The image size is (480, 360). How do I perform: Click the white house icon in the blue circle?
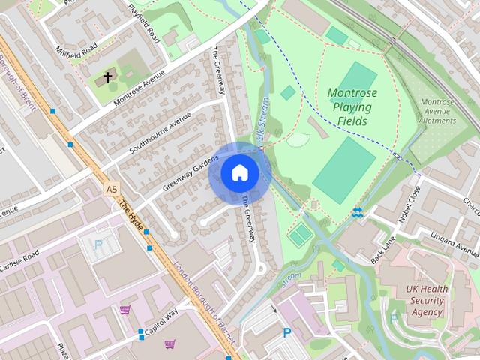click(239, 172)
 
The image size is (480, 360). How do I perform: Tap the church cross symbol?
click(108, 77)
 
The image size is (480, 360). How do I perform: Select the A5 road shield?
click(112, 190)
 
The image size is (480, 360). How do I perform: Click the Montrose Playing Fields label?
click(352, 106)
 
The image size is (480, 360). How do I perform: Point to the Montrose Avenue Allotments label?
click(437, 111)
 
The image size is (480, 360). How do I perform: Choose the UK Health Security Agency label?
click(427, 300)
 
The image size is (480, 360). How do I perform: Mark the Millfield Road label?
click(76, 51)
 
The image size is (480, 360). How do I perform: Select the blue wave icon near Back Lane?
click(358, 213)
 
